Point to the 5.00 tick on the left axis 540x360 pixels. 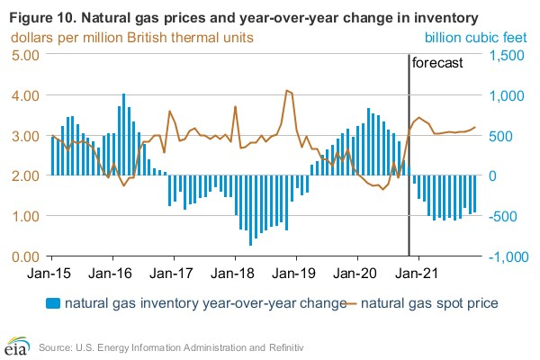point(22,54)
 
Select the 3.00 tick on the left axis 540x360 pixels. point(22,135)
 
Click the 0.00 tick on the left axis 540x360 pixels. point(22,256)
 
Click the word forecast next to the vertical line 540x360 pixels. point(436,64)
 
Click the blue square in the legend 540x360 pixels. point(53,303)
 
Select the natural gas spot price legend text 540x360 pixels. point(431,303)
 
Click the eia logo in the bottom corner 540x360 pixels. point(15,345)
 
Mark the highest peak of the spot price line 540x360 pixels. point(286,90)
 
